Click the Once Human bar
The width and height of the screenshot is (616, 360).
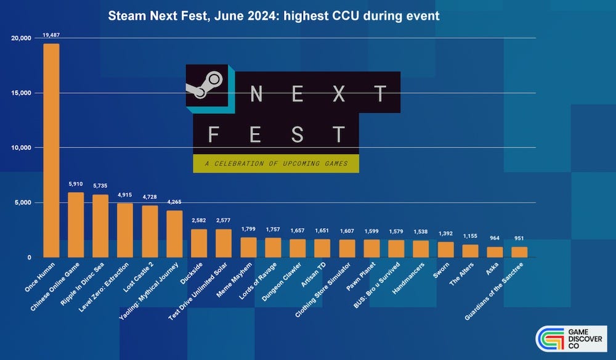pos(51,150)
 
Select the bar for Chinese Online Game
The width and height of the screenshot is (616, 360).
pos(76,225)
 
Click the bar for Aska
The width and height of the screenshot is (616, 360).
pos(495,252)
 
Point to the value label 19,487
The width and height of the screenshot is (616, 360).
pos(51,35)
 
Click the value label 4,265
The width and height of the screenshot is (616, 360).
pos(174,202)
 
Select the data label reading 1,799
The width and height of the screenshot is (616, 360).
pos(248,229)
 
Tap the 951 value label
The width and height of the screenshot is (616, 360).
pos(519,238)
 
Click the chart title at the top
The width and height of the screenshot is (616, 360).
pos(274,16)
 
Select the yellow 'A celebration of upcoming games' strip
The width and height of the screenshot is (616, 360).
pos(275,163)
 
